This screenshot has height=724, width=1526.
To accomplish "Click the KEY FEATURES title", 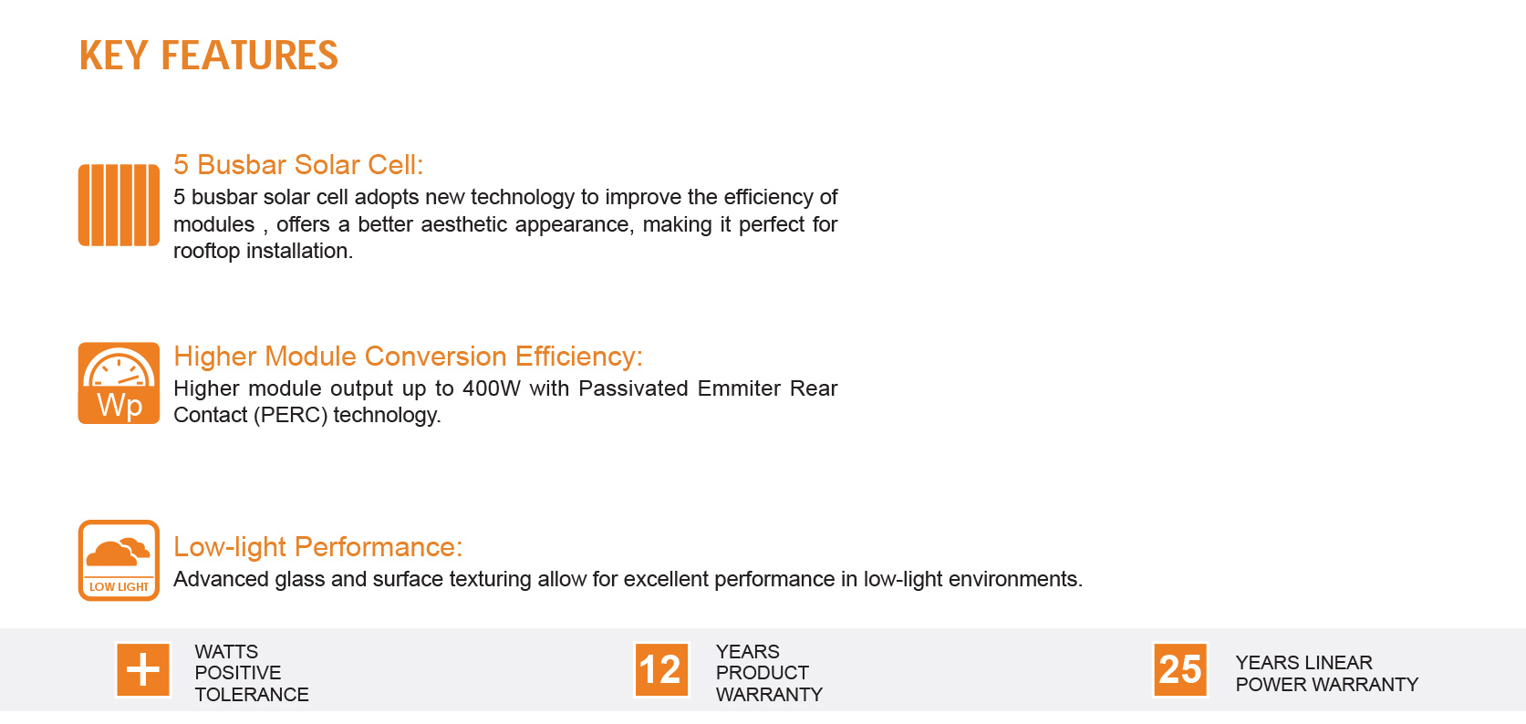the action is [209, 56].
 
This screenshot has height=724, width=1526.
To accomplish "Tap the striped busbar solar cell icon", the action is [119, 205].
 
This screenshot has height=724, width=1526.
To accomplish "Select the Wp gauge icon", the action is [119, 384].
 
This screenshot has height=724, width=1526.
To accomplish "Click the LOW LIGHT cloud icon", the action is [119, 561].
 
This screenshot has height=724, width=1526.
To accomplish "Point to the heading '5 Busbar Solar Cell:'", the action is [298, 165].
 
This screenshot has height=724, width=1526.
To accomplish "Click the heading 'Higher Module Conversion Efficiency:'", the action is [408, 357].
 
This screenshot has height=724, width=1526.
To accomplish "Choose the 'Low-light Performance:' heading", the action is [318, 547].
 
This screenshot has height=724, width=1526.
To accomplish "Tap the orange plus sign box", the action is [143, 670].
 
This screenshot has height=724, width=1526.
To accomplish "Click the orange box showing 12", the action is [661, 670].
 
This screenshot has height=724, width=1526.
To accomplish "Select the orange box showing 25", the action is [1180, 670].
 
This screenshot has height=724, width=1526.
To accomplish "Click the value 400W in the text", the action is [491, 388].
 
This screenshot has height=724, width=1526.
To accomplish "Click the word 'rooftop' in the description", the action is [206, 252].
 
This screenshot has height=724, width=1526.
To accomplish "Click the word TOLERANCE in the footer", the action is [252, 695].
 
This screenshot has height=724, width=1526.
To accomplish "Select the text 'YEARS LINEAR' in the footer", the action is [1304, 663].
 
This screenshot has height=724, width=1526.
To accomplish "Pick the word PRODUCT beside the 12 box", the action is [763, 673].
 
